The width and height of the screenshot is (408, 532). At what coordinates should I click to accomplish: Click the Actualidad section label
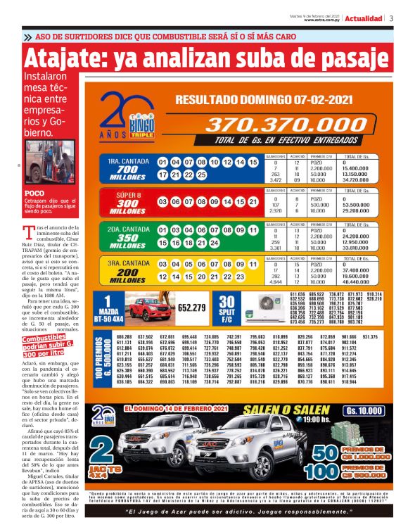click(x=364, y=18)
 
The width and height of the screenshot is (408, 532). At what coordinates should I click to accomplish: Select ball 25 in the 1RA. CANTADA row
click(x=201, y=174)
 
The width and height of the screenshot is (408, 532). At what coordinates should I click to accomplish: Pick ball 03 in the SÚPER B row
click(x=163, y=203)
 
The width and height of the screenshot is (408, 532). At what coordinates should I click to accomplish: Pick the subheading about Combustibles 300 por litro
click(x=49, y=346)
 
